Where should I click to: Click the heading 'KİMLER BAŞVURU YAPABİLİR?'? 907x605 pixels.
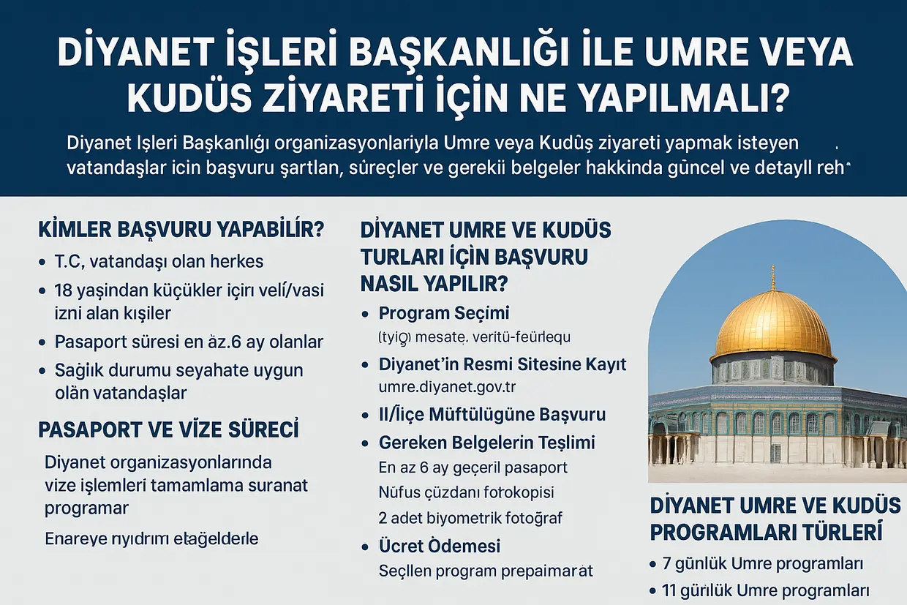181,229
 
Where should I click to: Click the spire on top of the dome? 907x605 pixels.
773,278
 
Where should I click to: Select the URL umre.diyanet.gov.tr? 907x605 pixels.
442,386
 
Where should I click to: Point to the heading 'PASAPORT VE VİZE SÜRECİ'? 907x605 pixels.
168,429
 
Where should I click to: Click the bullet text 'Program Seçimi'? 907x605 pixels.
444,314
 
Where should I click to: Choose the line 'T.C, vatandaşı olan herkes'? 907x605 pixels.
159,261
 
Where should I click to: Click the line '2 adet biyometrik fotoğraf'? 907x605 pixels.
470,518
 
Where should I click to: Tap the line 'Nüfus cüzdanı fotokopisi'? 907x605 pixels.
466,492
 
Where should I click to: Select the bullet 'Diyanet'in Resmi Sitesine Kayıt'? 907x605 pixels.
503,364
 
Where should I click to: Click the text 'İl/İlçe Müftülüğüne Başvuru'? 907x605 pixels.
492,415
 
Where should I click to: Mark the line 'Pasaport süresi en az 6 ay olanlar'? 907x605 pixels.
189,342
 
